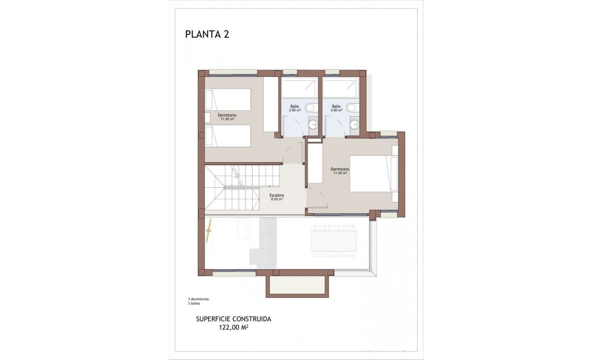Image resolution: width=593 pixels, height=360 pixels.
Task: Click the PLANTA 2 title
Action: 207,34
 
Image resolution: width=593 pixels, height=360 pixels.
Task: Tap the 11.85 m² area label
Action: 227,119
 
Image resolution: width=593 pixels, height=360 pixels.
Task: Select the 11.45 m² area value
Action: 339,173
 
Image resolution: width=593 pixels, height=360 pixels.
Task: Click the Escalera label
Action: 277,195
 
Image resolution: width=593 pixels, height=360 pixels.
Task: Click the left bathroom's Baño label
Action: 294,106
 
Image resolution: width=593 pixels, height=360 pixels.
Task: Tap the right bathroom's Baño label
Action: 336,106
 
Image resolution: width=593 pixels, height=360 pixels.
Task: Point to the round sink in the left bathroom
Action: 313,125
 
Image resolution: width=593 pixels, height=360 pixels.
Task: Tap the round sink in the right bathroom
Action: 355,125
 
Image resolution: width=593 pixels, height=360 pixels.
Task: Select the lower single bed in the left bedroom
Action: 227,136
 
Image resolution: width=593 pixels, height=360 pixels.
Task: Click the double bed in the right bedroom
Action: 374,173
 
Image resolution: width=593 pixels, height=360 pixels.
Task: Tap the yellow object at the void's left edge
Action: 209,234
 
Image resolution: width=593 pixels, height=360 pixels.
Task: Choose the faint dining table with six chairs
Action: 334,241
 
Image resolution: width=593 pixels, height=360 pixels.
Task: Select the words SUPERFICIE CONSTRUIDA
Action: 233,319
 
